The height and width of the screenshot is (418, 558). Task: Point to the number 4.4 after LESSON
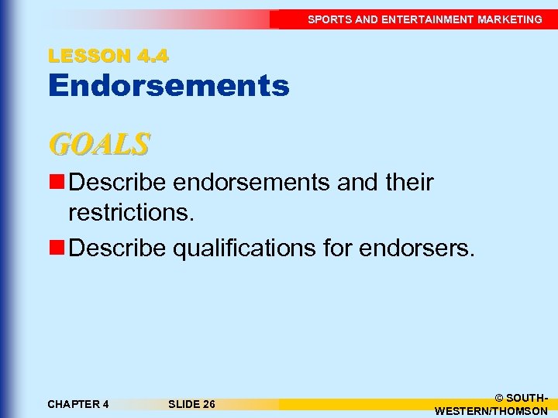(152, 56)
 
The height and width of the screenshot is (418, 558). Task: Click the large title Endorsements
(168, 86)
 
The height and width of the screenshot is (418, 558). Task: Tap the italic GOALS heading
(98, 144)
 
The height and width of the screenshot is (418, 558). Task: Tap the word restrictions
(131, 211)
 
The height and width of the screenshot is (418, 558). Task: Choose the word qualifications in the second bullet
(248, 248)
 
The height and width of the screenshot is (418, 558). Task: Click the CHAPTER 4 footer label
(77, 404)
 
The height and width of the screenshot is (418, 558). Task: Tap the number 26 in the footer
(208, 404)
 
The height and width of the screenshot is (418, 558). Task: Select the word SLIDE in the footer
(183, 404)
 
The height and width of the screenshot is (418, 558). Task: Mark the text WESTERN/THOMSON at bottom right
(491, 411)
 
